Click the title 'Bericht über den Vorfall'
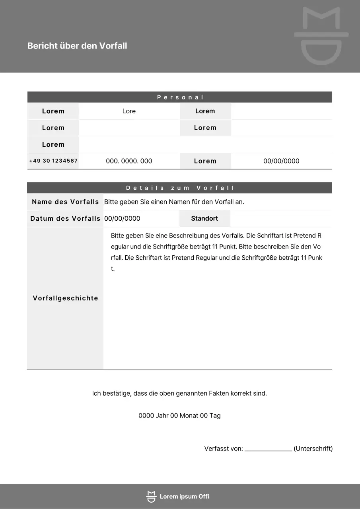pos(77,46)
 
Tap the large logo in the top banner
pos(321,36)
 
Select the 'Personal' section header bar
pos(180,97)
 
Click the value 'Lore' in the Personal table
pos(129,111)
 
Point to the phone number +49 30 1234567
pos(53,161)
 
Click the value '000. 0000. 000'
pos(129,161)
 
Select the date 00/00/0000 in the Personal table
pos(281,161)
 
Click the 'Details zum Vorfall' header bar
pos(180,188)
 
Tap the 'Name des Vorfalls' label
pos(65,202)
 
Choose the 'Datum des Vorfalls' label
pos(65,219)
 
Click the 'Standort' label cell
pos(204,219)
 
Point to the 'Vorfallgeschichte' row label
pos(65,298)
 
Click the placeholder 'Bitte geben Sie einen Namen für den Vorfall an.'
pos(174,202)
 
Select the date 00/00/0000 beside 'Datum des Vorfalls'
pos(122,219)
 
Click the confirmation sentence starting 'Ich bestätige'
pos(179,394)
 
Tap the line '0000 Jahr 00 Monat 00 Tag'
pos(179,416)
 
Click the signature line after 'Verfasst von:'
pos(268,449)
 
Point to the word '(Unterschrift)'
pos(313,449)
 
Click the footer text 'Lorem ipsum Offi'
pos(184,496)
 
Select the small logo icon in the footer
pos(151,496)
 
